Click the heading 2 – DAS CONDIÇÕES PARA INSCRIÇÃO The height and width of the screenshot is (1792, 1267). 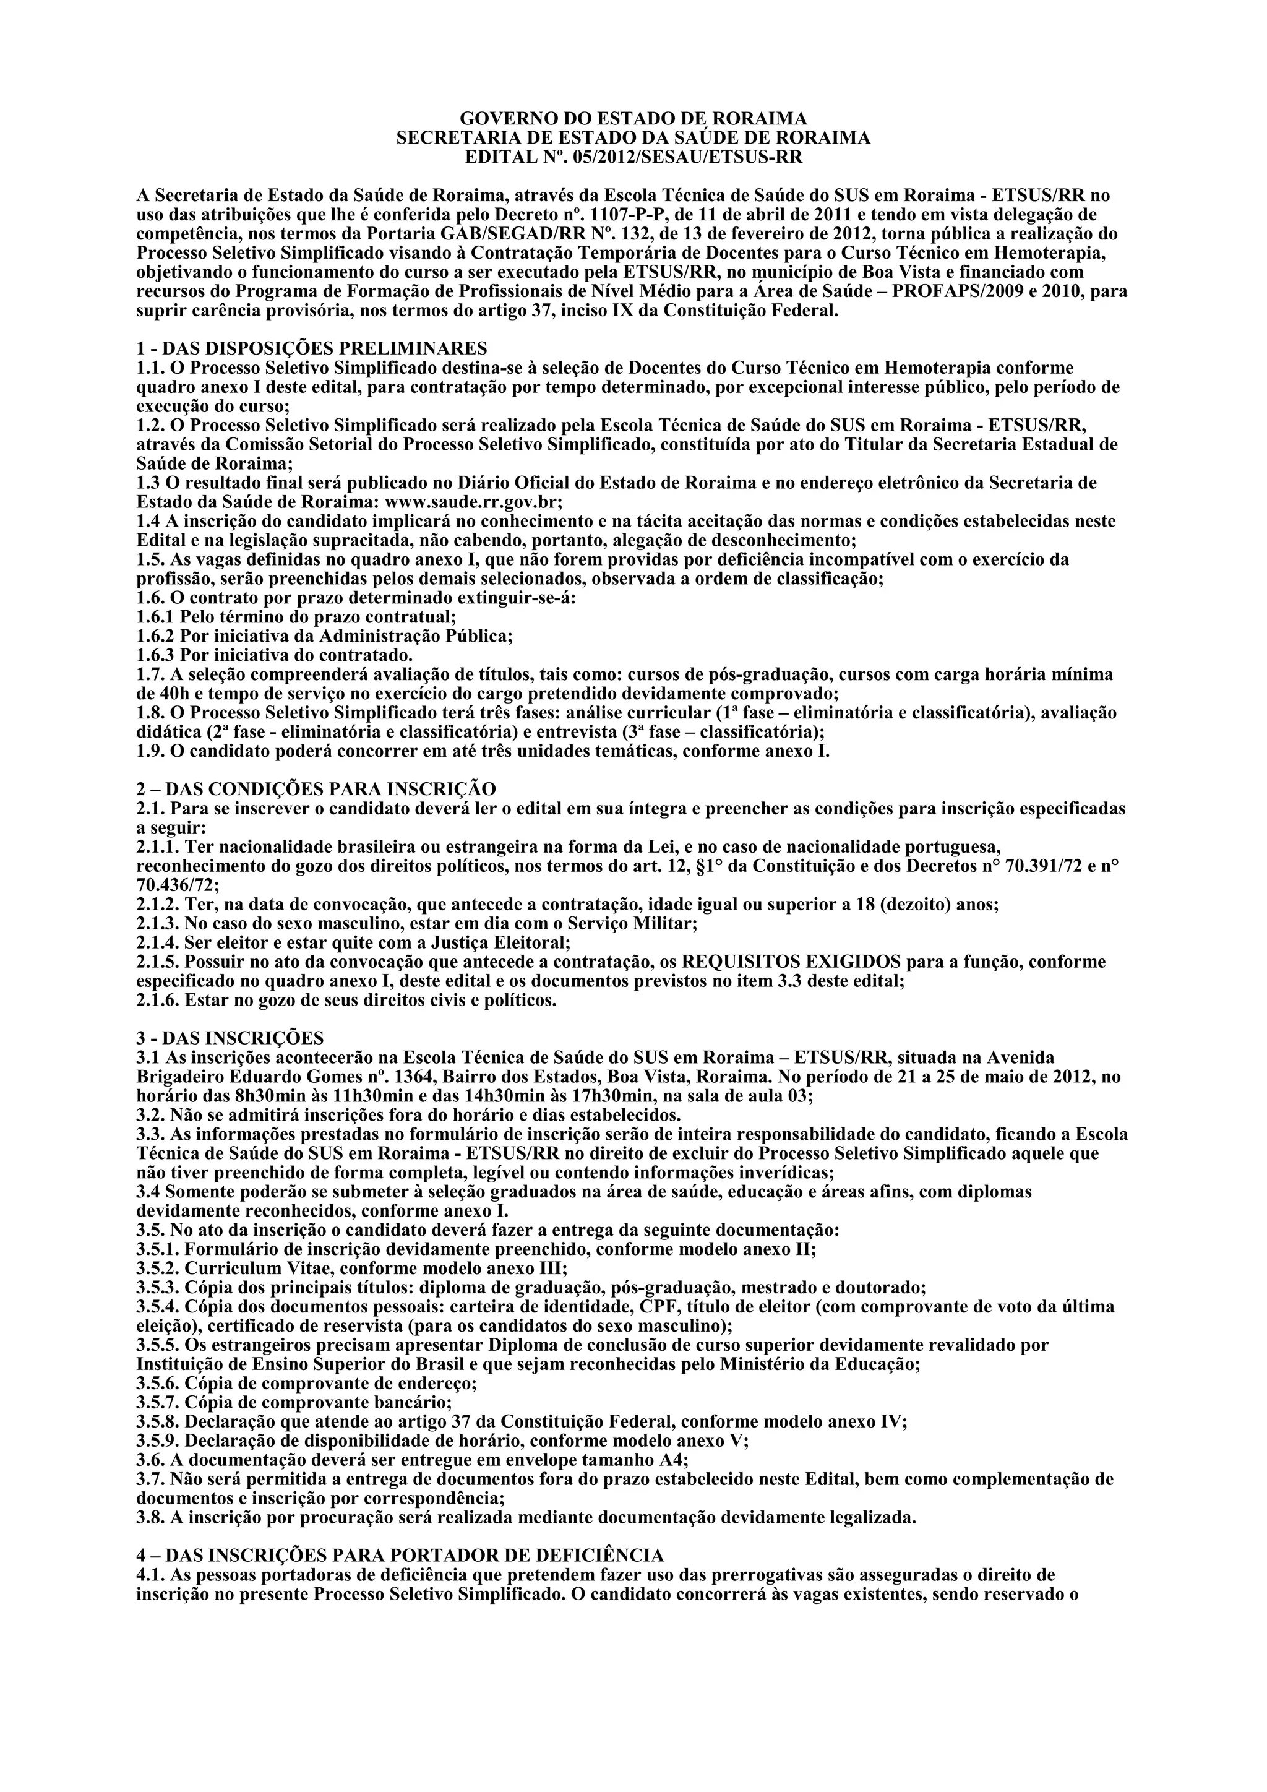[x=316, y=789]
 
